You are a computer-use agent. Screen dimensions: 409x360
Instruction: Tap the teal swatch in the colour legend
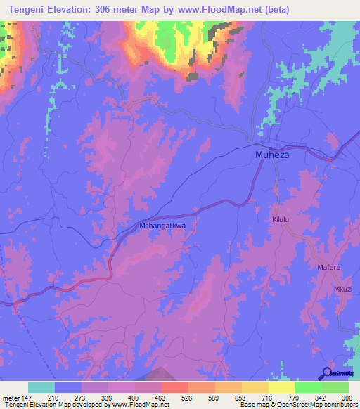tap(41, 387)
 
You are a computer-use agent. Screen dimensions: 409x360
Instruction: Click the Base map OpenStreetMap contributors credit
tap(296, 405)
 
